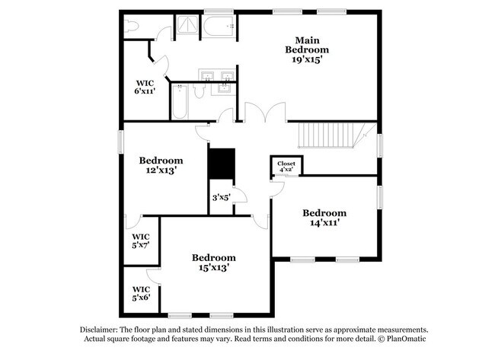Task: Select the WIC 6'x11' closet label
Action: pos(145,87)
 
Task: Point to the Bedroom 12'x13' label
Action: pos(161,165)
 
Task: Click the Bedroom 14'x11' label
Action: pos(324,218)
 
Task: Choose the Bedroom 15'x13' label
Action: pos(213,262)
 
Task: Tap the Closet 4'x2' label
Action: pos(286,167)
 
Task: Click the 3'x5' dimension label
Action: pos(221,198)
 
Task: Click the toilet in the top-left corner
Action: pos(131,27)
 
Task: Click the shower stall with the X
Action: pos(186,27)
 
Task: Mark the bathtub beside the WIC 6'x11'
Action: pos(180,103)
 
